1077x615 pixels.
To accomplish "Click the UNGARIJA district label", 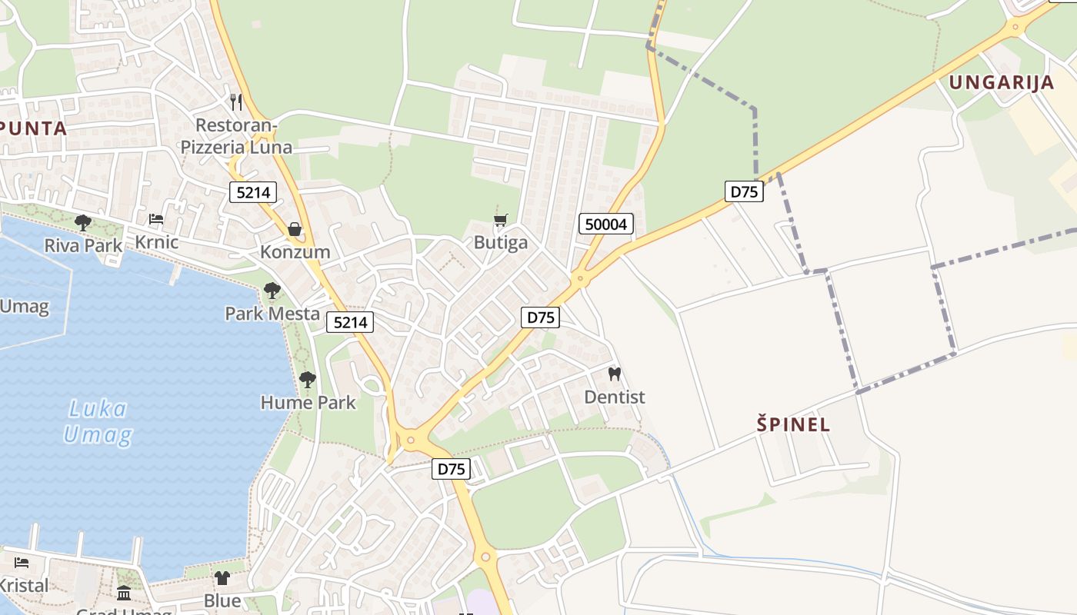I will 1001,82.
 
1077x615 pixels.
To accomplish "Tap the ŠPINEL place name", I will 793,424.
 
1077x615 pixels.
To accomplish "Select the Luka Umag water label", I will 97,421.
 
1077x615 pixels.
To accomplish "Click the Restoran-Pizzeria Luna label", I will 236,136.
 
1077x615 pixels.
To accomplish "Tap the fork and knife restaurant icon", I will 236,101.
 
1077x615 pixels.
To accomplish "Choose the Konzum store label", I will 295,251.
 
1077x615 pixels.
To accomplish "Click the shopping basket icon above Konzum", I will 295,228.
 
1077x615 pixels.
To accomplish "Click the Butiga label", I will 501,243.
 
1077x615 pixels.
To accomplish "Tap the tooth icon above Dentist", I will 614,374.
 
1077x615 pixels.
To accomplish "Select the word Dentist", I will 614,397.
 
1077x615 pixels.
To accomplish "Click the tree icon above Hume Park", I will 308,379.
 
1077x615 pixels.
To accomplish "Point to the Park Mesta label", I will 272,313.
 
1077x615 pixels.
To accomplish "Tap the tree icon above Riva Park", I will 83,223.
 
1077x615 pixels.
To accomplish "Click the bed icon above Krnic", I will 156,219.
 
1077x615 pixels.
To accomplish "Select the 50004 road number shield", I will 606,224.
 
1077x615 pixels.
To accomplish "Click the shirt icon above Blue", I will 222,577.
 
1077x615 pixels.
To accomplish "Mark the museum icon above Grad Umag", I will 124,593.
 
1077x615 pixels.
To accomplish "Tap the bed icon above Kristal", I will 22,563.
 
